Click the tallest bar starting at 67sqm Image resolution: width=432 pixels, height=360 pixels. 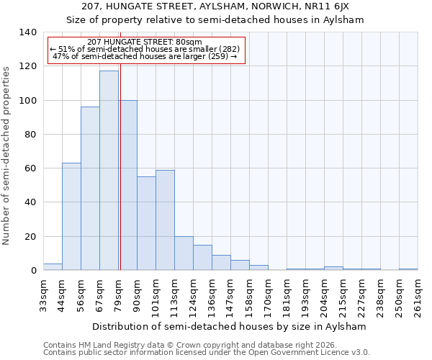point(109,171)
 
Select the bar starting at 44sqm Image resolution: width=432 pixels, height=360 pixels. point(71,216)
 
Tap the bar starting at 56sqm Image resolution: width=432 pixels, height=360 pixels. point(90,189)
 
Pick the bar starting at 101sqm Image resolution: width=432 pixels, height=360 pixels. point(165,220)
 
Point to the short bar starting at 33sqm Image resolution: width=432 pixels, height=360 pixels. point(53,266)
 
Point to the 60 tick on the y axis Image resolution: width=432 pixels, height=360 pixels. point(30,168)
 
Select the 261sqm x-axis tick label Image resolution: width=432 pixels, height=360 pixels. point(418,295)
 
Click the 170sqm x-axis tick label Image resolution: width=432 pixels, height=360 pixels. point(268,295)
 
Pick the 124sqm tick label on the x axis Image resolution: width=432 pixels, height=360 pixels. point(193,295)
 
